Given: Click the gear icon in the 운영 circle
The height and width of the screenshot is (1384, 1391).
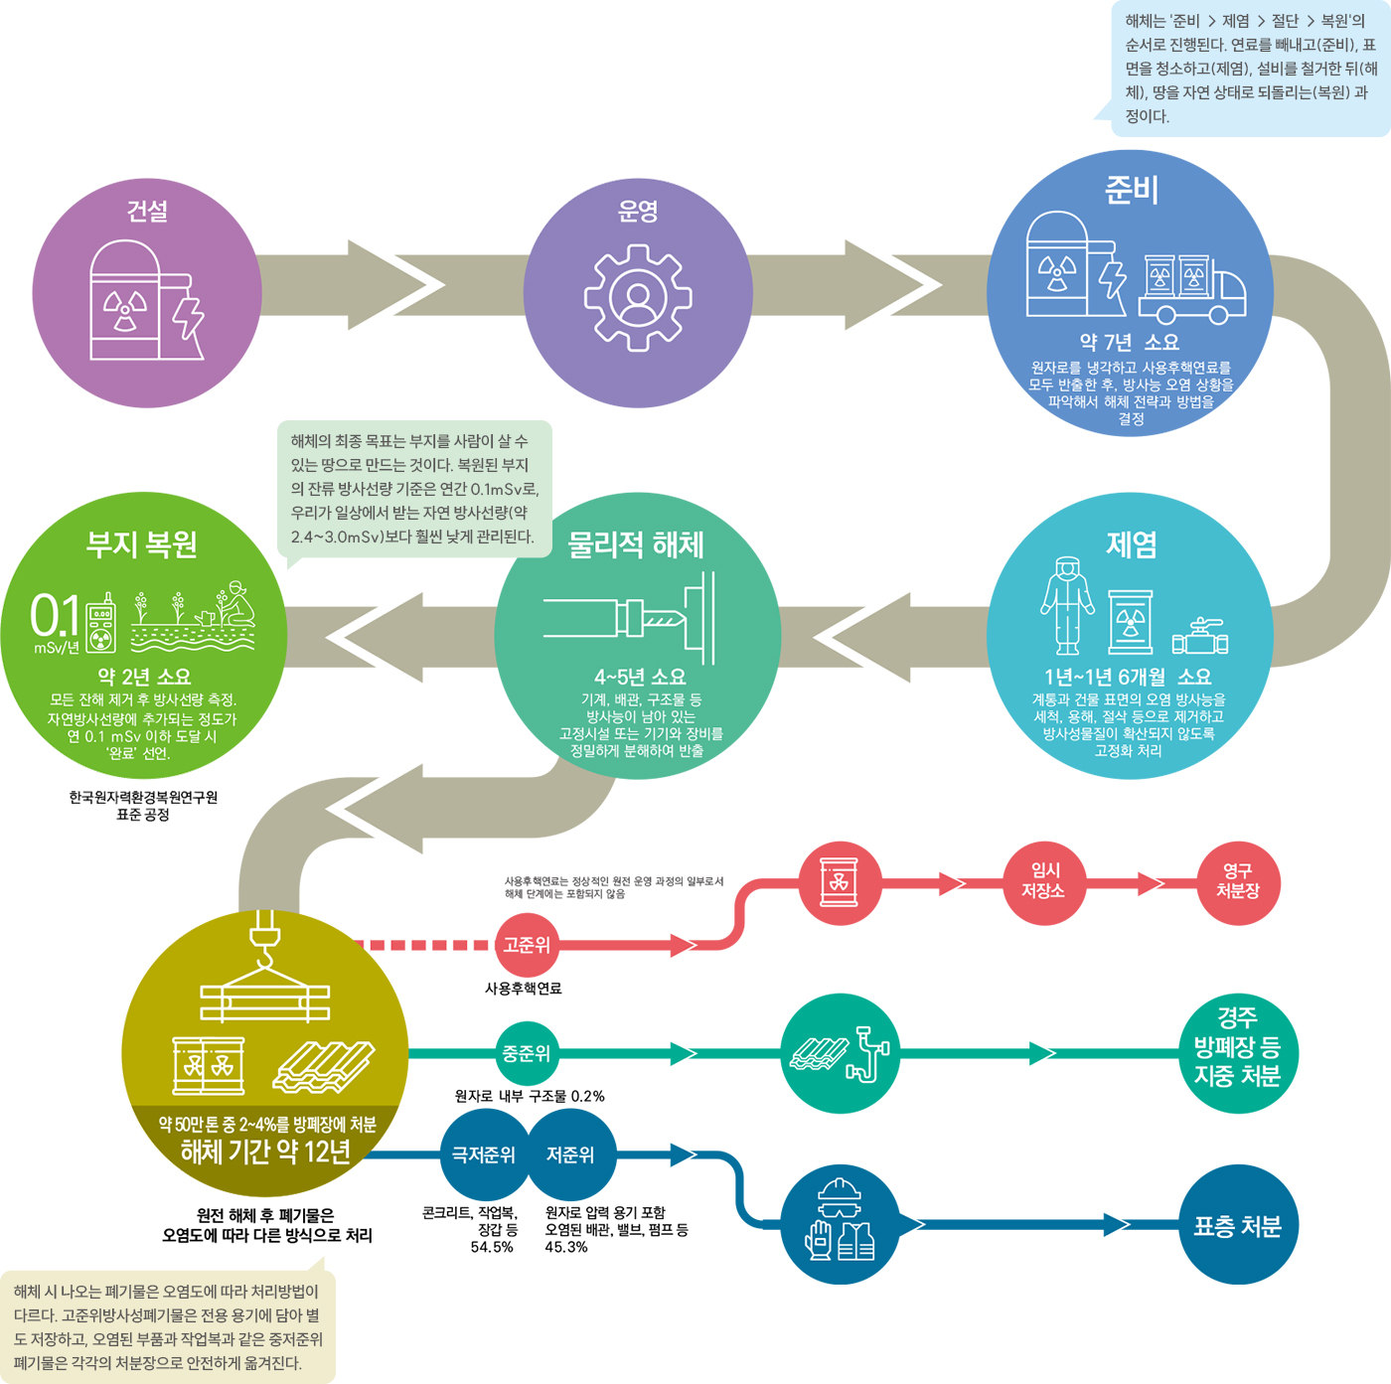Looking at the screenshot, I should pyautogui.click(x=638, y=298).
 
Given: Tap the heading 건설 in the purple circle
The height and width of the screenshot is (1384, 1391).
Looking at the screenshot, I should pyautogui.click(x=147, y=212).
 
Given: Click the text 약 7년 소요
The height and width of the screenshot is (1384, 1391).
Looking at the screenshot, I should pyautogui.click(x=1130, y=342).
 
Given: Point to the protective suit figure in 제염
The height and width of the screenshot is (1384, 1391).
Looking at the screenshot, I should pyautogui.click(x=1067, y=606).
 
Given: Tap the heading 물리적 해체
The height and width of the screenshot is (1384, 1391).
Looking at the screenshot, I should pyautogui.click(x=636, y=544).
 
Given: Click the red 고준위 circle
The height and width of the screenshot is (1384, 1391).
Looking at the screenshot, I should pyautogui.click(x=527, y=945).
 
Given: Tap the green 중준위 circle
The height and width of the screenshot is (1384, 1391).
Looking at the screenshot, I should pyautogui.click(x=527, y=1053).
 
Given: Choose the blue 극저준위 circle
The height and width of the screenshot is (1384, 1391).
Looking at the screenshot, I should pyautogui.click(x=484, y=1154).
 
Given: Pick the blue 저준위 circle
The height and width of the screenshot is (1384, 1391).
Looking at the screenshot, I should pyautogui.click(x=571, y=1154).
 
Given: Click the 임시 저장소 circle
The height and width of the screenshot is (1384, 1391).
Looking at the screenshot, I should pyautogui.click(x=1043, y=882).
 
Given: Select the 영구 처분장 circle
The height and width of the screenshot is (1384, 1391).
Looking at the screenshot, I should pyautogui.click(x=1238, y=882).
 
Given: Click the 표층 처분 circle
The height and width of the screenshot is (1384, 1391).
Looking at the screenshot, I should pyautogui.click(x=1238, y=1226).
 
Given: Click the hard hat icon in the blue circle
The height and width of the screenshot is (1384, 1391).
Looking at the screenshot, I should pyautogui.click(x=841, y=1195).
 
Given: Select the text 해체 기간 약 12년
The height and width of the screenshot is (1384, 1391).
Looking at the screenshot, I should pyautogui.click(x=265, y=1153).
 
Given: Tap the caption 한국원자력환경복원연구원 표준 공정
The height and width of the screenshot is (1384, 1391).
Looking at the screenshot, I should pyautogui.click(x=143, y=806).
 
